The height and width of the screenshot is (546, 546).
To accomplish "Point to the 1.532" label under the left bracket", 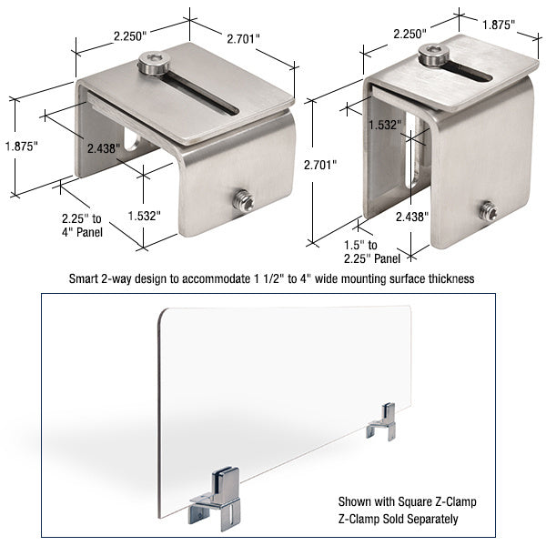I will [x=143, y=217].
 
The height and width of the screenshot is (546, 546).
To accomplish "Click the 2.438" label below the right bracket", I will [x=412, y=217].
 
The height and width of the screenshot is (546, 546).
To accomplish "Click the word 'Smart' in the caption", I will [x=86, y=278].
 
